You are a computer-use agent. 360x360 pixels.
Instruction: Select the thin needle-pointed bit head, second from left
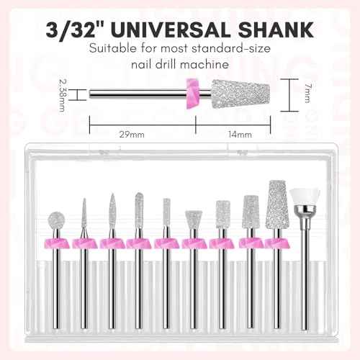click(84, 216)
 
